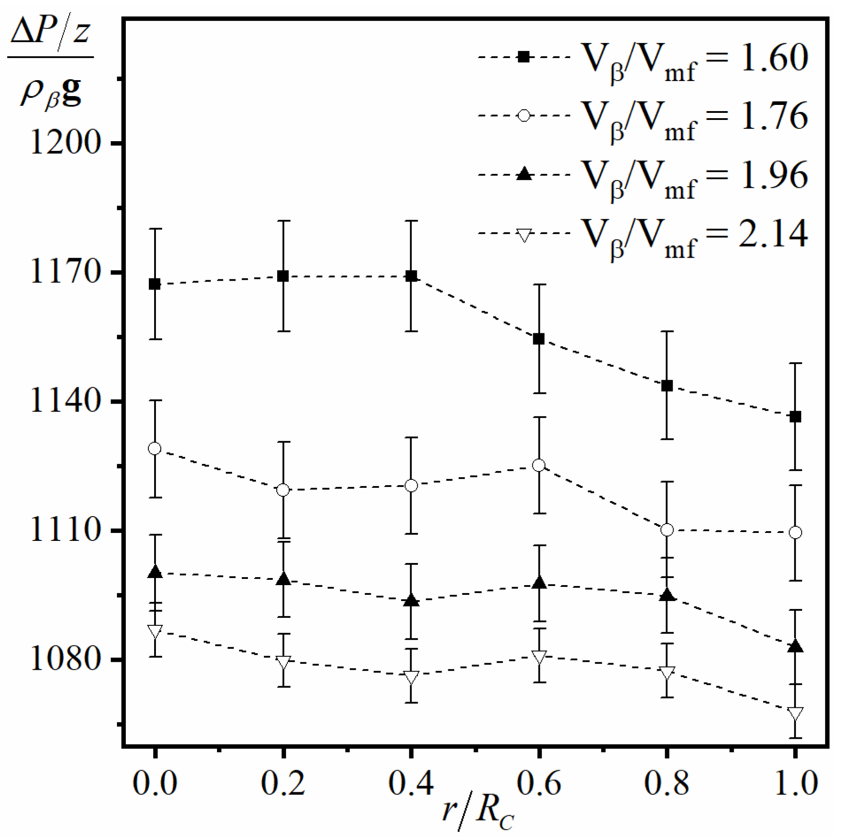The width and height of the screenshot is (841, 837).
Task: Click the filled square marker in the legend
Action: (524, 57)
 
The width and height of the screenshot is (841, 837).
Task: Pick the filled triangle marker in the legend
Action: (524, 174)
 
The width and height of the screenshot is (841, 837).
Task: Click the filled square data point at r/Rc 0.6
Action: (539, 339)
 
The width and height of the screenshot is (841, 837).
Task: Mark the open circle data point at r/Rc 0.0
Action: (155, 448)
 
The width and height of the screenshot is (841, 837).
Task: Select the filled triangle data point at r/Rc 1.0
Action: (795, 647)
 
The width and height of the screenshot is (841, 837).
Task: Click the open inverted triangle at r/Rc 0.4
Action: (411, 677)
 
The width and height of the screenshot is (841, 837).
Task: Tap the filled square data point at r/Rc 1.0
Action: (795, 417)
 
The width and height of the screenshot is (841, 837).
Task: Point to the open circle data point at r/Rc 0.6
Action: (539, 465)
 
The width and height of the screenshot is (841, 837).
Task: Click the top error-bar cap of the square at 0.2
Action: (283, 220)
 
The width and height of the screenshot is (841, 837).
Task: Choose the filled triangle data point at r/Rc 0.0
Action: (155, 572)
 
